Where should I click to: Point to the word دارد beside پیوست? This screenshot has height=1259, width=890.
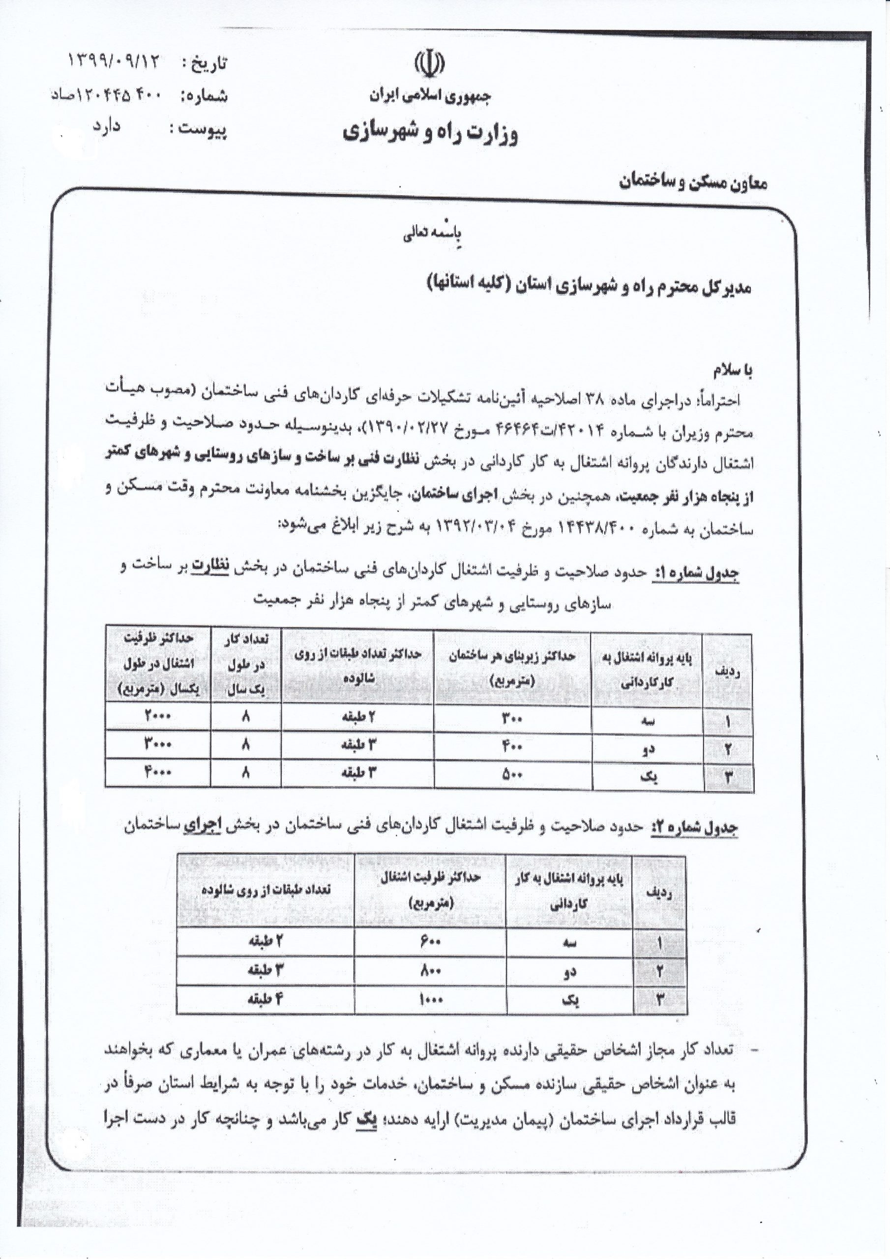point(106,127)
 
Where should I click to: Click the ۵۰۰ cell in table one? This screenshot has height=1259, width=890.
point(512,774)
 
